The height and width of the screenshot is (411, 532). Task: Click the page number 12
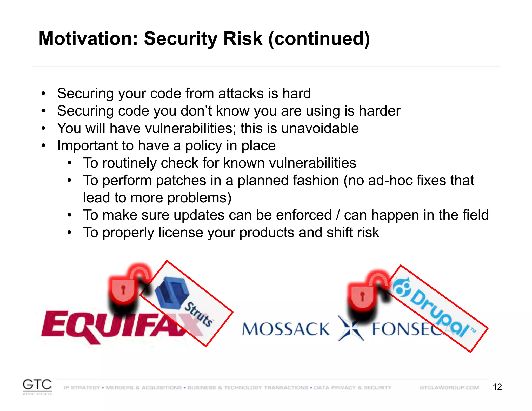pyautogui.click(x=497, y=387)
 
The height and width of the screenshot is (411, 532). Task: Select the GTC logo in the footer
pyautogui.click(x=37, y=385)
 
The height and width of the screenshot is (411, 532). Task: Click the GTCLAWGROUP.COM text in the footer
pyautogui.click(x=449, y=388)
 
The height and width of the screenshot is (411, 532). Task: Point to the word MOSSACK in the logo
pyautogui.click(x=286, y=329)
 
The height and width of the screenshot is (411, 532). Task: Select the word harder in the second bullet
pyautogui.click(x=379, y=111)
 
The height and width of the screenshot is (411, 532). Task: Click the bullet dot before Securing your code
pyautogui.click(x=43, y=94)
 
